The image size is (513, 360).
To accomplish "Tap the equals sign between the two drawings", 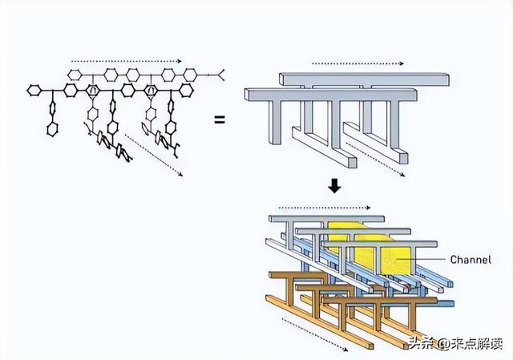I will click(x=218, y=120).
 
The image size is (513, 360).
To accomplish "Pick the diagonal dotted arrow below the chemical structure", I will click(x=154, y=155).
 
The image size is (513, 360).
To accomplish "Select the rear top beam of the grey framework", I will click(x=361, y=79).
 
